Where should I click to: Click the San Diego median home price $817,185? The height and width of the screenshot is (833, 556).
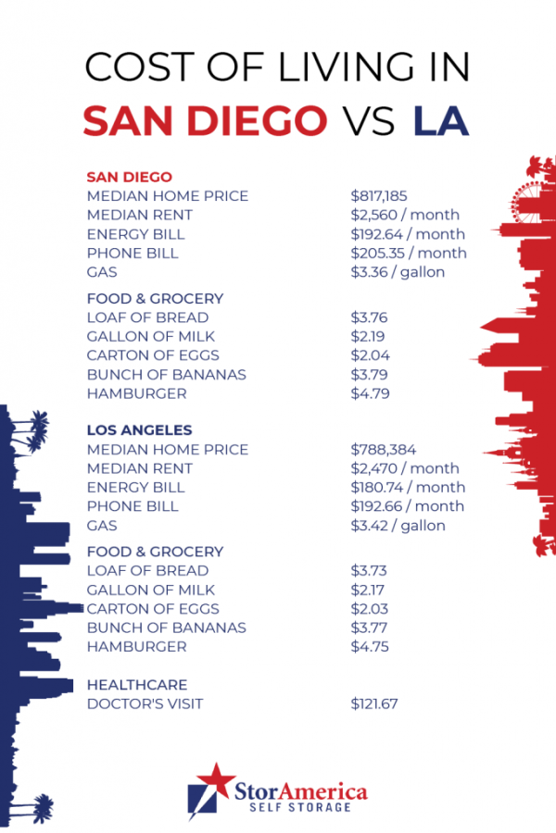[379, 196]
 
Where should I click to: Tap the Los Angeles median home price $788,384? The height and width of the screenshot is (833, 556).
[379, 450]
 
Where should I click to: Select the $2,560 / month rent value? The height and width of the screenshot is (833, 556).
[405, 216]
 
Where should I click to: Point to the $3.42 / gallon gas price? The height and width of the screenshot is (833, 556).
[398, 526]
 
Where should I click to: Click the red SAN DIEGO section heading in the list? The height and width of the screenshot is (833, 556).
[129, 177]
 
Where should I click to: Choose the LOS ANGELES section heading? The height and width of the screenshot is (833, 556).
[139, 430]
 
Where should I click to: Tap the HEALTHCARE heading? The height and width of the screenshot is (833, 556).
[136, 685]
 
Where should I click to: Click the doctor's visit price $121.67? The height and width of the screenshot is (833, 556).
[374, 704]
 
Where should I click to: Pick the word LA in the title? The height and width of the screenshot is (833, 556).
[440, 121]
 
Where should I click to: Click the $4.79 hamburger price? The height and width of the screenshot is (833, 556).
[370, 393]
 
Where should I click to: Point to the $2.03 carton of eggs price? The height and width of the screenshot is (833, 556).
[370, 609]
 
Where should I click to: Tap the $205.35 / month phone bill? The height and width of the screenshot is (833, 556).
[408, 254]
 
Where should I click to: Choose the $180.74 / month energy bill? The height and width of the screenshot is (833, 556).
[407, 488]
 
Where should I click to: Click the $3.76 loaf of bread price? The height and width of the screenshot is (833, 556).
[370, 317]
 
